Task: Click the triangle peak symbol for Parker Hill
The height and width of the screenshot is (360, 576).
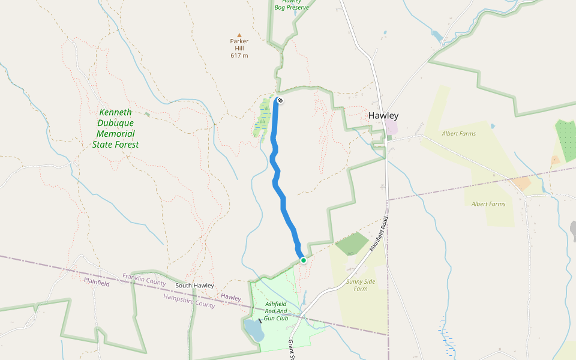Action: [x=239, y=35]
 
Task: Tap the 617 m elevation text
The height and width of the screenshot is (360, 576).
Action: [x=239, y=56]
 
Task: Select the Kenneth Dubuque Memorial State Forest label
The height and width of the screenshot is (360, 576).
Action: [x=116, y=128]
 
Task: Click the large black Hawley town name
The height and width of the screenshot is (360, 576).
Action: [x=383, y=116]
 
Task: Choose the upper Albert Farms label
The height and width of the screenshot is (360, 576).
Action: [x=458, y=134]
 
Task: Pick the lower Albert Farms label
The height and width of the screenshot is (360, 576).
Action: [x=488, y=204]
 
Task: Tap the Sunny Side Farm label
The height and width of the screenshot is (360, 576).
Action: [x=361, y=285]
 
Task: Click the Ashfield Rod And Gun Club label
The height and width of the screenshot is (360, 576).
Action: [x=277, y=311]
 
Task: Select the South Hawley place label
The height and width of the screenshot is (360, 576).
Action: [x=194, y=286]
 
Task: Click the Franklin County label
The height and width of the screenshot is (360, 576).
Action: [x=144, y=279]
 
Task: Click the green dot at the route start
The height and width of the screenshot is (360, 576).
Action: [x=304, y=260]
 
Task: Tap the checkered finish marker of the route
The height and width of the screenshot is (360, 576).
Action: [x=280, y=100]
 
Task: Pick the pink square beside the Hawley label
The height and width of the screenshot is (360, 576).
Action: [x=391, y=127]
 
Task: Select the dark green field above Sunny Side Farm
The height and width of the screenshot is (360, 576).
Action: [x=352, y=243]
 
